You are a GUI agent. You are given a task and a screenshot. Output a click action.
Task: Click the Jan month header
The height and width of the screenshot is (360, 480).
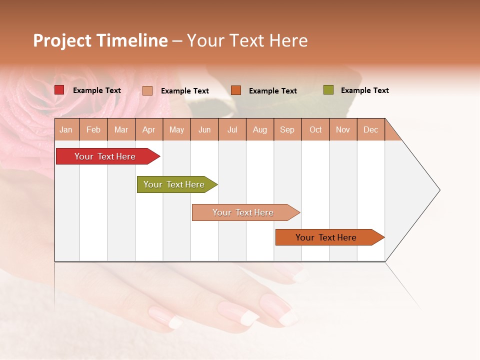pos(66,129)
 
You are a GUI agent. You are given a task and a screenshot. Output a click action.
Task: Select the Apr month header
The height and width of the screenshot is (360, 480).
pos(149,129)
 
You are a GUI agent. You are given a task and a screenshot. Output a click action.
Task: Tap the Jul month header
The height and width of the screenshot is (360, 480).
pos(232,129)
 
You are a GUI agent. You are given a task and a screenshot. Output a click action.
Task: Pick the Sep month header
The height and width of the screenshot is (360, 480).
pos(287,129)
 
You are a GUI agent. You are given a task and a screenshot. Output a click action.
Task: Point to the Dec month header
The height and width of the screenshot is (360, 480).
pos(370,129)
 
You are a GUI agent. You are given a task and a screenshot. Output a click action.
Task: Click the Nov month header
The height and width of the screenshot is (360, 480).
pos(343,129)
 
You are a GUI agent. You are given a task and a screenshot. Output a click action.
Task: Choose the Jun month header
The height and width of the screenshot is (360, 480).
pos(204,129)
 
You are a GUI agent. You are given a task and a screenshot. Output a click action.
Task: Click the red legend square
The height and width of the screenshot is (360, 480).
pos(59,90)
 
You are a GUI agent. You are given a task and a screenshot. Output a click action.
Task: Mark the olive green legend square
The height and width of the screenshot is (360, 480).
pos(328,90)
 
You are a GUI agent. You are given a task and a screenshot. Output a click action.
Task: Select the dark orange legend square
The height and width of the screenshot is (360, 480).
pos(236,90)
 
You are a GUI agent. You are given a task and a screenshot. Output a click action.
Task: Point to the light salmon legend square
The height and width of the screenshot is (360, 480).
pos(147,90)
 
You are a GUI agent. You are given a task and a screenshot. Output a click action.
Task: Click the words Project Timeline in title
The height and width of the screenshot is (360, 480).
pos(100,40)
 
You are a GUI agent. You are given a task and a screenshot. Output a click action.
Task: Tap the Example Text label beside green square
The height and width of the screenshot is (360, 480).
pos(364,90)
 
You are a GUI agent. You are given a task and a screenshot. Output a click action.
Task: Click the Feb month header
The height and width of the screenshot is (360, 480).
pos(93,129)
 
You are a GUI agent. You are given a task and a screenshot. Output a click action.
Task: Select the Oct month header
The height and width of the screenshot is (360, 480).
pos(315,129)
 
